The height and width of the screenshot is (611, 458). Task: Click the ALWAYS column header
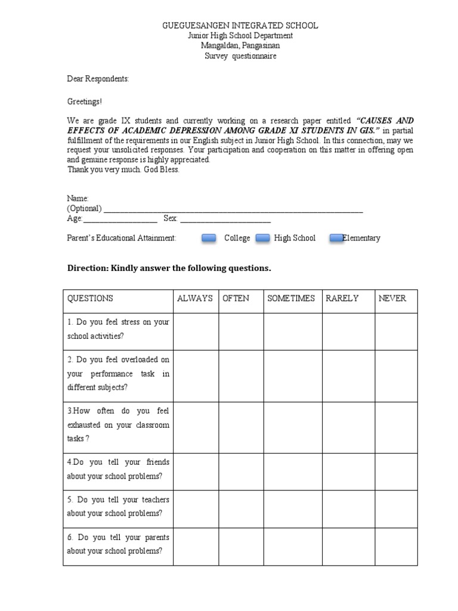click(x=195, y=298)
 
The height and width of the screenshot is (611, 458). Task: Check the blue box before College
click(x=209, y=238)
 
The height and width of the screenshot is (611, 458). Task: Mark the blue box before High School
click(x=263, y=238)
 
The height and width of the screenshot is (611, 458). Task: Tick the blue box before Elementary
click(x=336, y=238)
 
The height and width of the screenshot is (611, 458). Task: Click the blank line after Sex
click(x=225, y=220)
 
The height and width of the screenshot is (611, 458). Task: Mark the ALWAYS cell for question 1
click(x=196, y=331)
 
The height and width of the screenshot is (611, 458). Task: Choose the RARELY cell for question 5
click(x=348, y=506)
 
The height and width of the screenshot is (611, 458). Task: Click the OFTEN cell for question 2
click(x=241, y=374)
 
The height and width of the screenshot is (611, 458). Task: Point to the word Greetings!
click(x=85, y=101)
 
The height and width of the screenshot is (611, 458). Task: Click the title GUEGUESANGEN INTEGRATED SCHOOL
click(x=240, y=26)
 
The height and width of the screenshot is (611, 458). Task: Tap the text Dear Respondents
click(x=98, y=79)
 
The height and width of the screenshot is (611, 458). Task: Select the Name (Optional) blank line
click(x=233, y=209)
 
